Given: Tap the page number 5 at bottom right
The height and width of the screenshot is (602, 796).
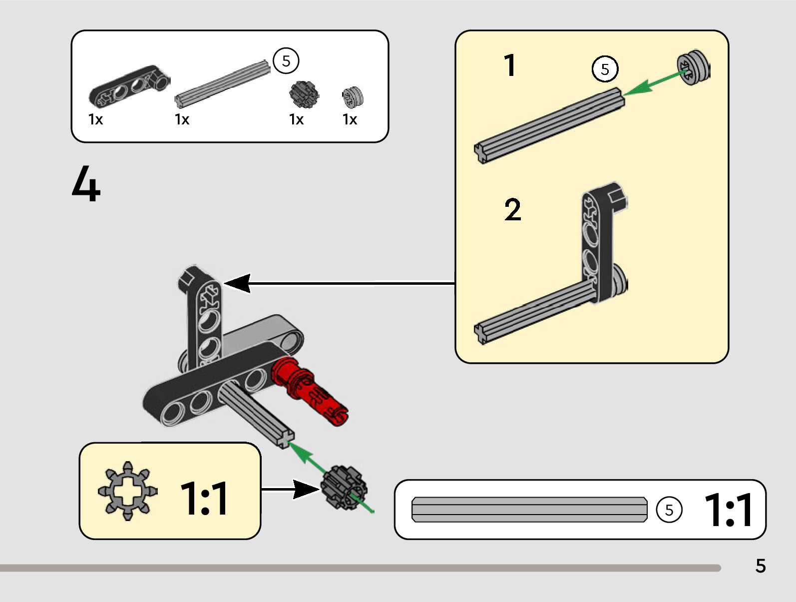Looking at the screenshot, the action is (760, 566).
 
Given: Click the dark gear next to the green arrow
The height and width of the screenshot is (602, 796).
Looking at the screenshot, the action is (344, 487).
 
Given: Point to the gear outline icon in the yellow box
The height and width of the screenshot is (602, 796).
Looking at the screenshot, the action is (128, 491).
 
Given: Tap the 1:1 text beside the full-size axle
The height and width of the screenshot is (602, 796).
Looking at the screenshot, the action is (728, 510).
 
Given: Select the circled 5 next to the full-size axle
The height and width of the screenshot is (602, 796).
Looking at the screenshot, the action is (669, 510).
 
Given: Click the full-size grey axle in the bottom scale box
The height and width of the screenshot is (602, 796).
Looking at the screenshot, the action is (529, 510).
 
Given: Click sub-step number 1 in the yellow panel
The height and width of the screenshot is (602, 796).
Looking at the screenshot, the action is (509, 65).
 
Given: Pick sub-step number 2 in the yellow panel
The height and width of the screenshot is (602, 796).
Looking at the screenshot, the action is (512, 209).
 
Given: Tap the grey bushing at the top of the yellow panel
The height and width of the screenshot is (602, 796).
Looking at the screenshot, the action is (693, 67).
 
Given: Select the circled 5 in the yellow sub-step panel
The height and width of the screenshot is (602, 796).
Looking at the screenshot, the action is (605, 69).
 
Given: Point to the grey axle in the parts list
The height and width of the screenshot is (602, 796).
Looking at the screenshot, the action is (223, 83).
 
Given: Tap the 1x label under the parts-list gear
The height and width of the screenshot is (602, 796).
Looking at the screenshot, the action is (296, 119).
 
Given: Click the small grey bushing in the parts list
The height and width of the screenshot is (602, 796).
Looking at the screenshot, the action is (352, 97).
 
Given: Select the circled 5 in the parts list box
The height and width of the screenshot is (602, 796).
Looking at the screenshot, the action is (286, 61).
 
